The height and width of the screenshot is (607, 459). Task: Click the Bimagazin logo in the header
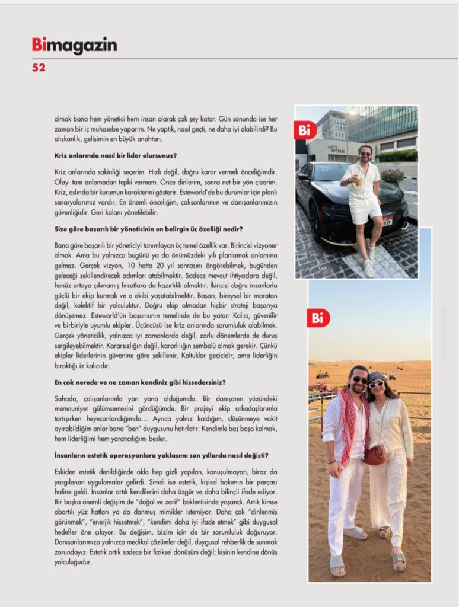pyautogui.click(x=74, y=46)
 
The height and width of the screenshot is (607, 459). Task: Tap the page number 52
pyautogui.click(x=39, y=68)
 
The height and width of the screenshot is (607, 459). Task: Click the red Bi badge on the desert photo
pyautogui.click(x=318, y=318)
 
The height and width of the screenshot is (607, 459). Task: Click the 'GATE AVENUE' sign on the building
pyautogui.click(x=336, y=149)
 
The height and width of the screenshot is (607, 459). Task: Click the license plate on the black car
pyautogui.click(x=387, y=221)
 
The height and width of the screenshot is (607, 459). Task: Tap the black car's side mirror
pyautogui.click(x=303, y=176)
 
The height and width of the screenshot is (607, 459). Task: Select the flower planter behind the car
pyautogui.click(x=393, y=176)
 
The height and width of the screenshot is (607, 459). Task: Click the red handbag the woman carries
pyautogui.click(x=374, y=455)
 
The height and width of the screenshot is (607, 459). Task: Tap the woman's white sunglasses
pyautogui.click(x=376, y=384)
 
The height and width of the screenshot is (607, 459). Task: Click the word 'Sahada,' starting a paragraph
pyautogui.click(x=65, y=399)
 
